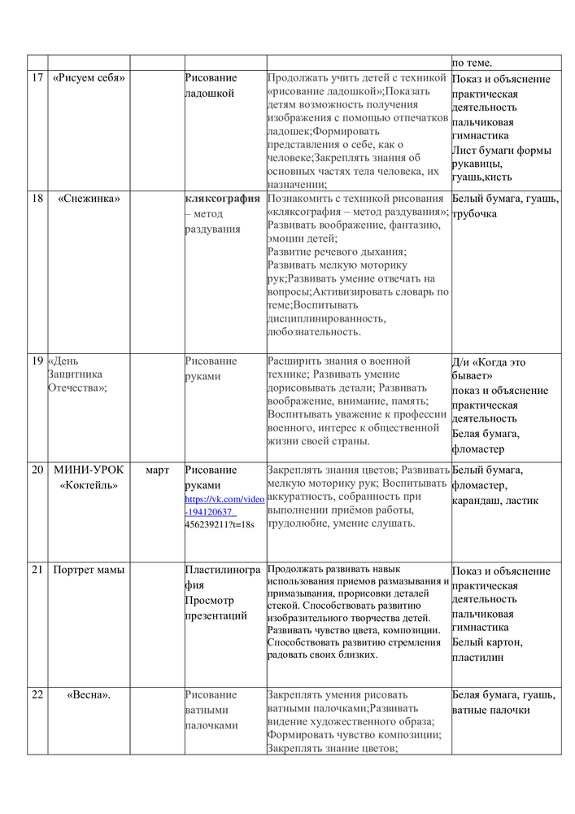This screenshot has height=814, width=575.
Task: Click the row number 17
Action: (37, 78)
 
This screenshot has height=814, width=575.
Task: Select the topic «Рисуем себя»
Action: (89, 78)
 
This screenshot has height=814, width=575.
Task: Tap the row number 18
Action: (37, 198)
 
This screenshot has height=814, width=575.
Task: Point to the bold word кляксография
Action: (222, 198)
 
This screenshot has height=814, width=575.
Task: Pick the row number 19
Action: (37, 361)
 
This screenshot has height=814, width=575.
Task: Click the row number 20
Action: (37, 470)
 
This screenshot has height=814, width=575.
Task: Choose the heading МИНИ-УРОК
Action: (89, 470)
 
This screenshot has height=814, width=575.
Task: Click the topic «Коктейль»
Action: (89, 485)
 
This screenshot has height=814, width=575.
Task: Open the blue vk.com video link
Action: (224, 505)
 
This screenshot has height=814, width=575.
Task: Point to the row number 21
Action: (37, 570)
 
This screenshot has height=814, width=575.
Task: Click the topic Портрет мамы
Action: (89, 570)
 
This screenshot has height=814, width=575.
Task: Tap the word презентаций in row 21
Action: (216, 615)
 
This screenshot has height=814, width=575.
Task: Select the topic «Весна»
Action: (89, 694)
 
